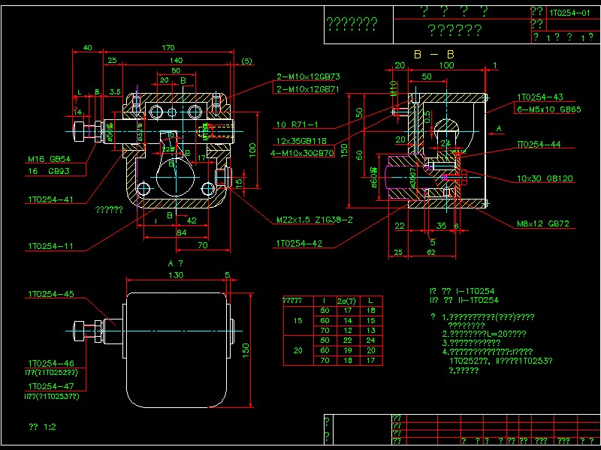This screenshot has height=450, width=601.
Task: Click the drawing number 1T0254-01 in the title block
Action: click(x=569, y=13)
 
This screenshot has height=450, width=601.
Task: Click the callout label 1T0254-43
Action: click(x=539, y=97)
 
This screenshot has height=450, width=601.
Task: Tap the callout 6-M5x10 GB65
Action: click(x=549, y=109)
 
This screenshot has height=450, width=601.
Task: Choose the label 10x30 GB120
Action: click(x=545, y=179)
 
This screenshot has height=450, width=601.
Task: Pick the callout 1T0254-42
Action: click(x=298, y=244)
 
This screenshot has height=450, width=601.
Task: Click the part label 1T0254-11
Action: click(x=50, y=246)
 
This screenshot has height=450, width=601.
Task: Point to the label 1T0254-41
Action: click(x=50, y=200)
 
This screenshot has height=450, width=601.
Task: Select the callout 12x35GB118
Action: click(x=300, y=141)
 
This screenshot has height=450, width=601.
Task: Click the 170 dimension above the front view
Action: click(x=169, y=48)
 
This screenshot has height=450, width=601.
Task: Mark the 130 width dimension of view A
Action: click(x=175, y=275)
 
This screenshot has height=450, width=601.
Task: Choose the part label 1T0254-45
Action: click(x=50, y=295)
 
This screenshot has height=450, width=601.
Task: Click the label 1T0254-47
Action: click(x=50, y=386)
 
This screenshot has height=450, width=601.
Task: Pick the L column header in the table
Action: click(x=370, y=301)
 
